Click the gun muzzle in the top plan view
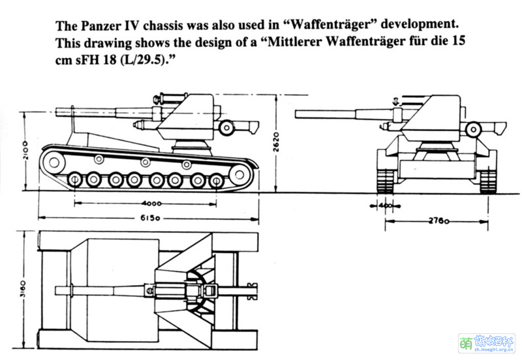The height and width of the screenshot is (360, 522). coord(61,289)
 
